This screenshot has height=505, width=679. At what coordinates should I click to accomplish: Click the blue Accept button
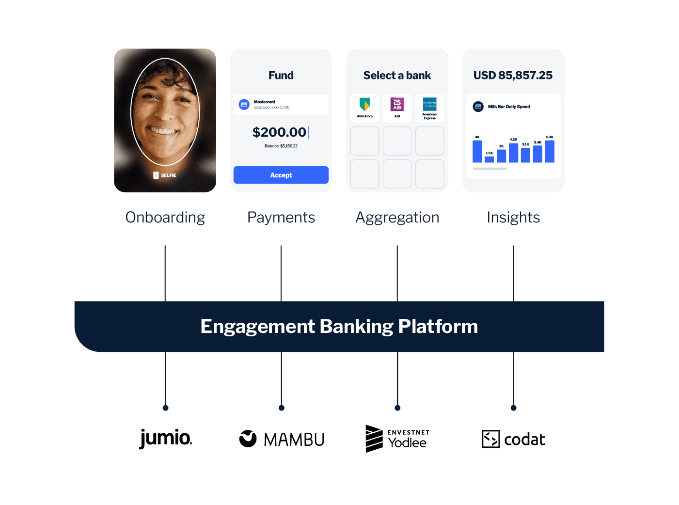point(281,175)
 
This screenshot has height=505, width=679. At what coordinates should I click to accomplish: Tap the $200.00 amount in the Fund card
point(280,132)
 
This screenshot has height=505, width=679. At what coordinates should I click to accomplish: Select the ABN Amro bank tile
point(364,108)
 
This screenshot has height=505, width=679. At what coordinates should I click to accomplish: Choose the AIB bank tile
point(397,108)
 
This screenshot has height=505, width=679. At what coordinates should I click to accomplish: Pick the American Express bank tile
point(429,108)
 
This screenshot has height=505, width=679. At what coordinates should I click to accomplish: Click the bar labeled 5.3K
point(550,152)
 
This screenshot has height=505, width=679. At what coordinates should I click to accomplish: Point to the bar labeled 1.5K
point(490,159)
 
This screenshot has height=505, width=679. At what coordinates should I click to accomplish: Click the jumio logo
point(166,439)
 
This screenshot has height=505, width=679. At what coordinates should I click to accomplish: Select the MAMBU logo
point(282,439)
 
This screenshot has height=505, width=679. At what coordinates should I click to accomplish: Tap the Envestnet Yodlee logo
point(397,439)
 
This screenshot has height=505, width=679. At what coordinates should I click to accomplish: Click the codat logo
point(513,439)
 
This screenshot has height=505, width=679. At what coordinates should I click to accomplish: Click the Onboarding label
point(165,218)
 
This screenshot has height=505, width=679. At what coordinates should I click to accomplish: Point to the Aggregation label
point(397,218)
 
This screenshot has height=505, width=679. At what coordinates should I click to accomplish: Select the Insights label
point(513,218)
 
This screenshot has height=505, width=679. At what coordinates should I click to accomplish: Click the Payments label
point(281,218)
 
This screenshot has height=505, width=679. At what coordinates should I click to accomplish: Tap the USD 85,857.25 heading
point(513,75)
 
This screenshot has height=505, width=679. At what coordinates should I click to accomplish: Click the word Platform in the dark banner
point(438,327)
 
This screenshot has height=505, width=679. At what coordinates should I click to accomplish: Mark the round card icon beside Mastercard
point(244,105)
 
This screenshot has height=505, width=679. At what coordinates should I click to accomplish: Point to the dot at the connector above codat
point(514,408)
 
